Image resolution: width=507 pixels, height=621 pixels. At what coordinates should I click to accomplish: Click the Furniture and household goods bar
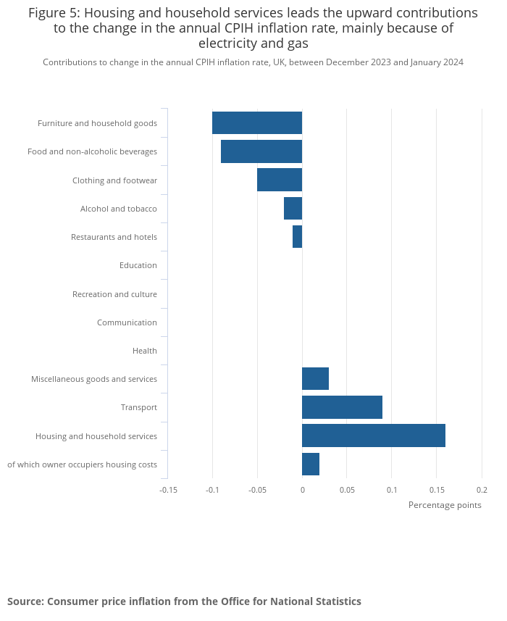coord(257,123)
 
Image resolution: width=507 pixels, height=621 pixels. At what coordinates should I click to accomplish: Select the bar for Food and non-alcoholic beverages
coord(261,151)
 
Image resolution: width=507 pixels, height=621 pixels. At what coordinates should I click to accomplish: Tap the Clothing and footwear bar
coord(280,180)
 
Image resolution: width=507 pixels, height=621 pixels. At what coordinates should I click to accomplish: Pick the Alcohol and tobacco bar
coord(293,209)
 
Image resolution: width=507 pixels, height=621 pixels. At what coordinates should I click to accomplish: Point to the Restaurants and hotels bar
coord(297,237)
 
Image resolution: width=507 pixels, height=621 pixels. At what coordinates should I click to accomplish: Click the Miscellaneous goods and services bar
coord(315,379)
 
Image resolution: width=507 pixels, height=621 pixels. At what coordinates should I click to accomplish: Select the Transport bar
coord(342,407)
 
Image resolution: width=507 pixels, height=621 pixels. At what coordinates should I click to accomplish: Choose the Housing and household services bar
coord(373,435)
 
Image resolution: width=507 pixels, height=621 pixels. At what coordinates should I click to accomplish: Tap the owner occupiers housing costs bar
coord(311,464)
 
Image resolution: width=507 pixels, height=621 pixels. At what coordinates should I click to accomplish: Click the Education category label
coord(138,265)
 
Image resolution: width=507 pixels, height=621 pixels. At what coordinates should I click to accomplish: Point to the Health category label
coord(145,351)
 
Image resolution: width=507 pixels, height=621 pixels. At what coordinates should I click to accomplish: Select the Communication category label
coord(127,322)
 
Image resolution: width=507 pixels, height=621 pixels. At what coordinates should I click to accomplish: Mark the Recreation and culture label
coord(114,294)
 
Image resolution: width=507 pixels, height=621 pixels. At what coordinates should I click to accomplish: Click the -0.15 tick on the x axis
coord(168,490)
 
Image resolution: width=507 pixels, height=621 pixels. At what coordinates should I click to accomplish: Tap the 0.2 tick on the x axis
coord(482,490)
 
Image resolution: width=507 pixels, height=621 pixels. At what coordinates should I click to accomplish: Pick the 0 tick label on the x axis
coord(302,490)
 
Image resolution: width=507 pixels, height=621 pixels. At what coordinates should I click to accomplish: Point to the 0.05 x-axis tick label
coord(346,490)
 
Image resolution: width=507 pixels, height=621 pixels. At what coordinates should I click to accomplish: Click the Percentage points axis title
coord(445,505)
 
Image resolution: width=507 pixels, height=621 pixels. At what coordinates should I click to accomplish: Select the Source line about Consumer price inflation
coord(184,601)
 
